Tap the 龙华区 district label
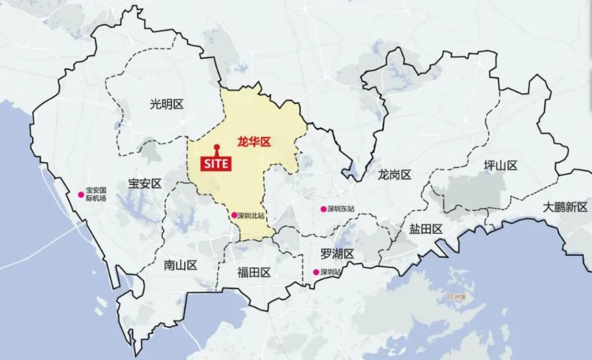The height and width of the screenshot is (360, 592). click(254, 142)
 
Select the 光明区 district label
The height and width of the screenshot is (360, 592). click(167, 104)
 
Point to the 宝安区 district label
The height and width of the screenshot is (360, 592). click(144, 183)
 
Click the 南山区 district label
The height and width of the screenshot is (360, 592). click(181, 265)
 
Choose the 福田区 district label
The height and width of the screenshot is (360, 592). click(254, 272)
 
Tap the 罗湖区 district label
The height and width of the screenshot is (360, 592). click(337, 254)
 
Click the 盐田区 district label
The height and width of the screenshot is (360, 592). click(428, 229)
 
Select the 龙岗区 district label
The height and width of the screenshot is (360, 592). click(394, 175)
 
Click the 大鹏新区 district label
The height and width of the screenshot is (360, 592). click(565, 207)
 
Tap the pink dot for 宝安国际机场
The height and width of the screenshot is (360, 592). click(81, 194)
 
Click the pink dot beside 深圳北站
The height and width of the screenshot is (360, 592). click(234, 215)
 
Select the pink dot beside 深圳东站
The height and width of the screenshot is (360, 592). click(324, 209)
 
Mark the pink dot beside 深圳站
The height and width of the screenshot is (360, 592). click(316, 272)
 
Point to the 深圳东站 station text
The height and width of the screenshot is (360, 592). click(341, 209)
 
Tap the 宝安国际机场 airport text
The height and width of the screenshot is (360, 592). click(96, 194)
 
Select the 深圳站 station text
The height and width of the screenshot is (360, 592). click(330, 272)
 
